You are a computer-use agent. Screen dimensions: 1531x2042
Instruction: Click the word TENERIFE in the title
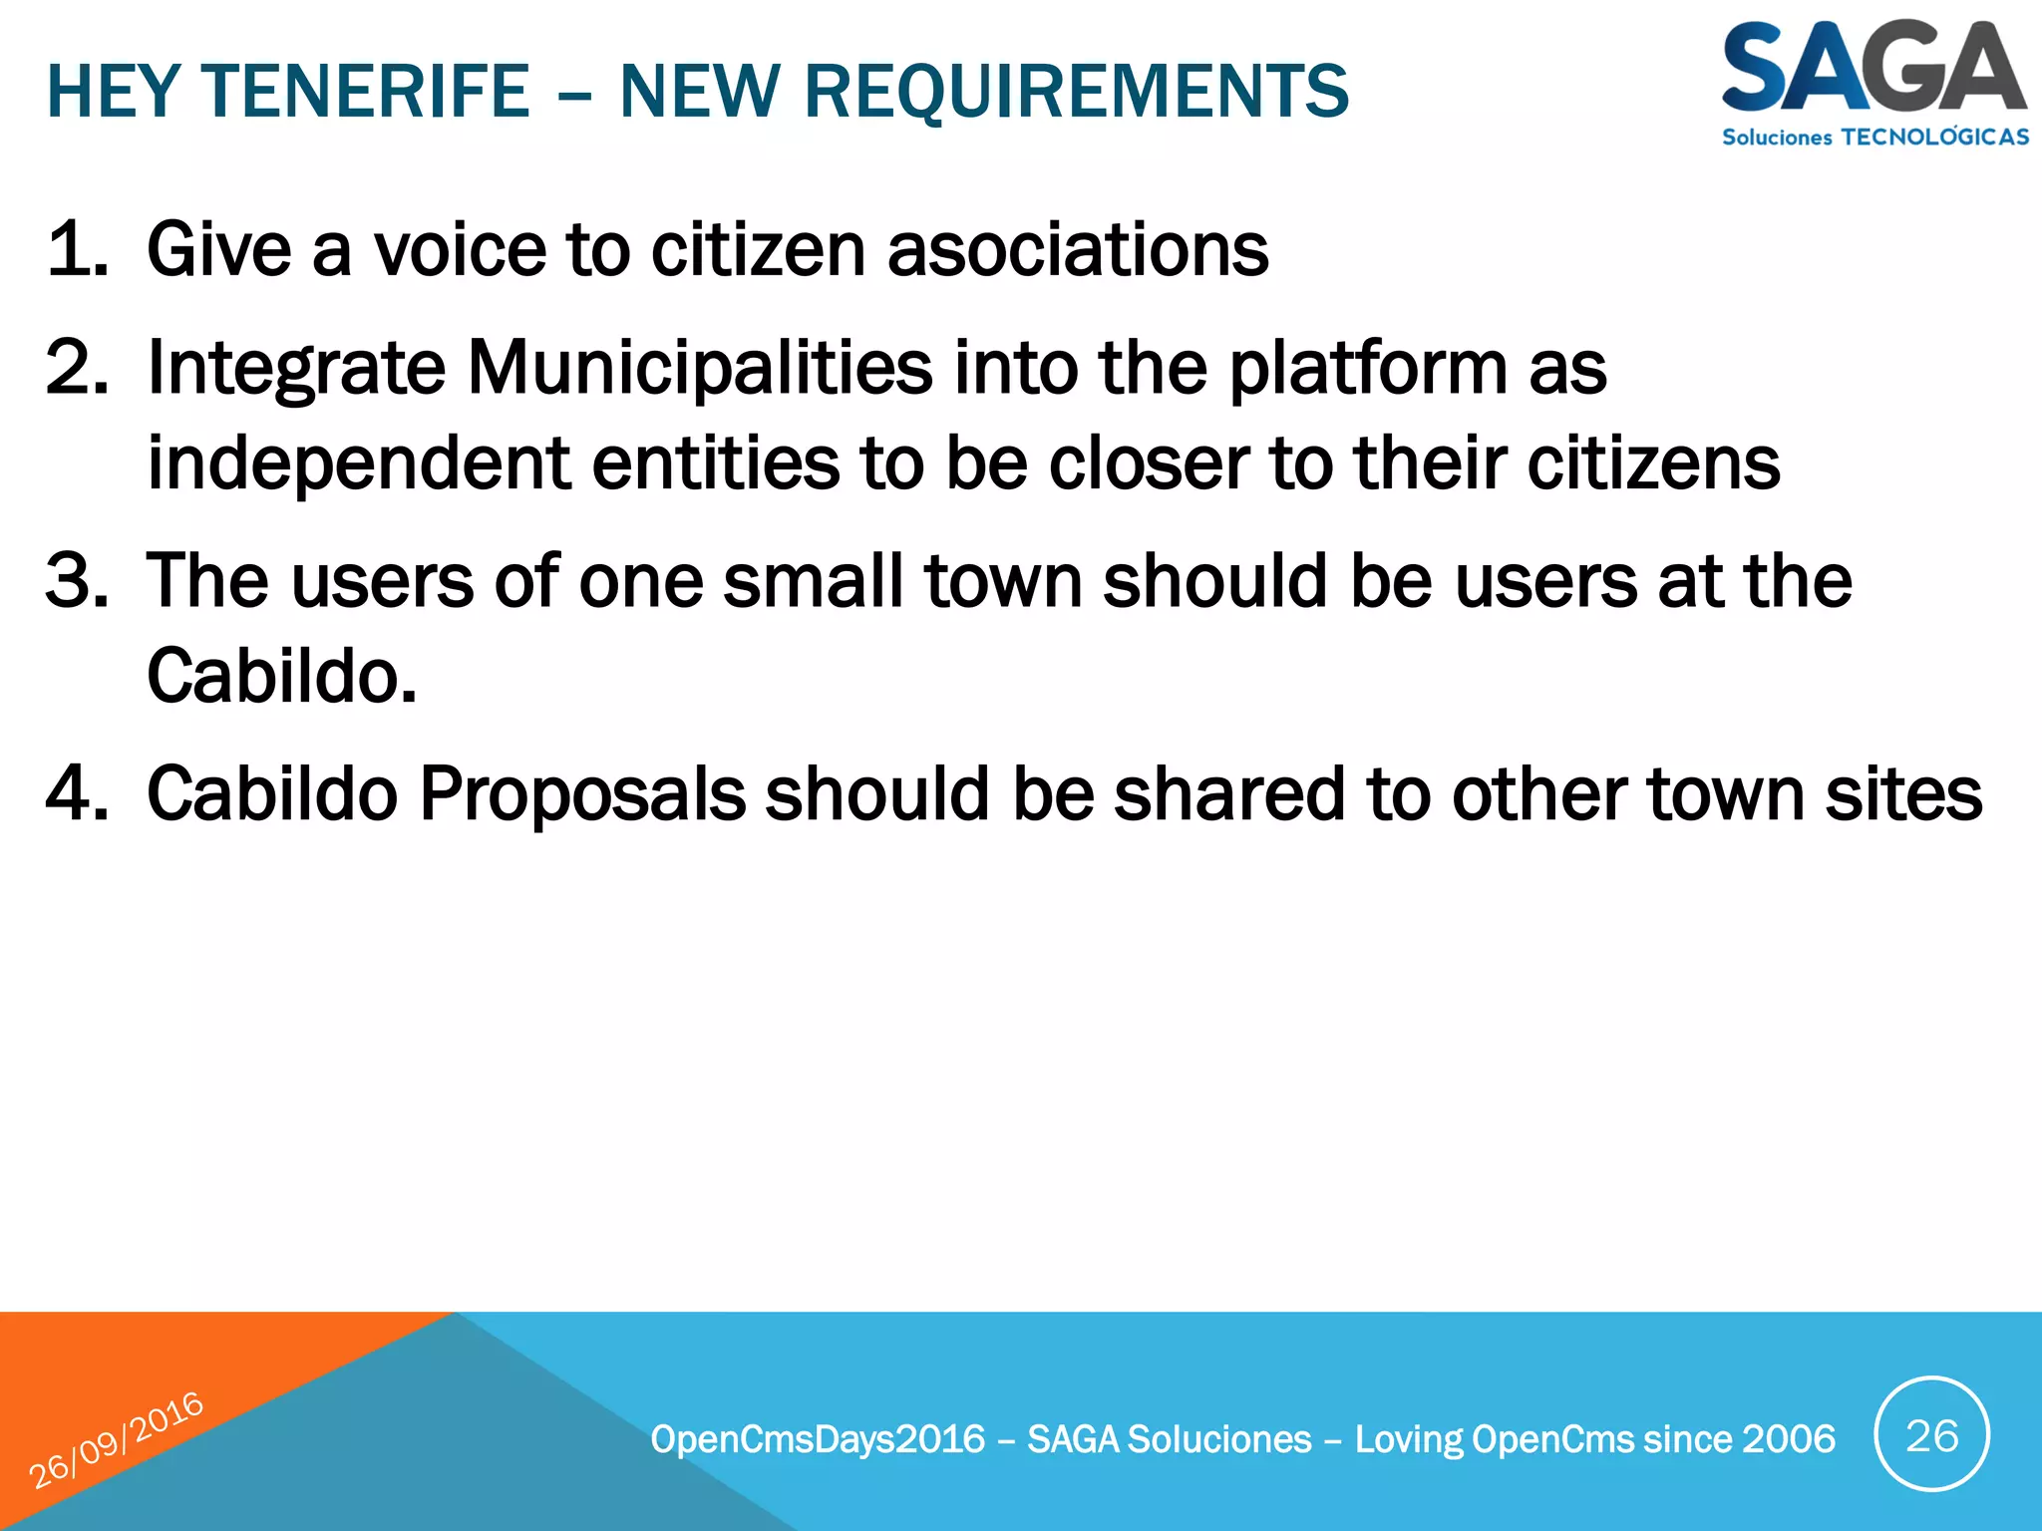pos(367,92)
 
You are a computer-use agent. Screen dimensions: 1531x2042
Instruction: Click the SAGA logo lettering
pos(1872,68)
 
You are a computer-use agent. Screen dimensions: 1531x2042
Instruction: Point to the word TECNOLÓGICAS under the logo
pos(1934,138)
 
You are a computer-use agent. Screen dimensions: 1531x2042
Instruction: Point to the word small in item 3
pos(813,580)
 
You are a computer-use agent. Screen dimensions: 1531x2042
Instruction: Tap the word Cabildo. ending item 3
pos(281,676)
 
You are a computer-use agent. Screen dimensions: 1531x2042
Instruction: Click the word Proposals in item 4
pos(582,794)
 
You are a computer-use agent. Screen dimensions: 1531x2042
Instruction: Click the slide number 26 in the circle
pos(1931,1435)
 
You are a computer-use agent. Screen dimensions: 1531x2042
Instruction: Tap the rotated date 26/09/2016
pos(116,1439)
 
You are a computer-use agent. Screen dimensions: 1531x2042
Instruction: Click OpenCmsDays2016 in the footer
pos(818,1439)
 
